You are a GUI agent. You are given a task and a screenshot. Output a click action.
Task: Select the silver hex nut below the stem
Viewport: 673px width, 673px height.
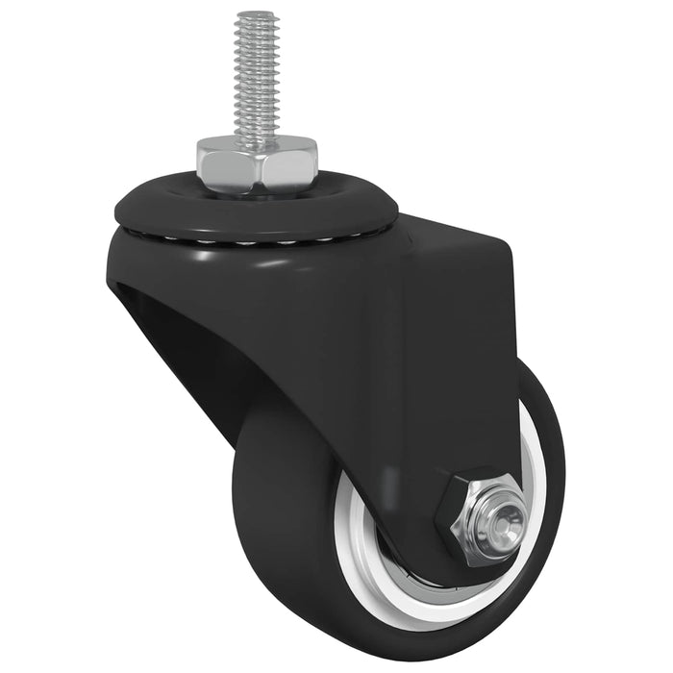pos(256,163)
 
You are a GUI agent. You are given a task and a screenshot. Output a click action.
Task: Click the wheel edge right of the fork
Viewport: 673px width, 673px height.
pos(548,452)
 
